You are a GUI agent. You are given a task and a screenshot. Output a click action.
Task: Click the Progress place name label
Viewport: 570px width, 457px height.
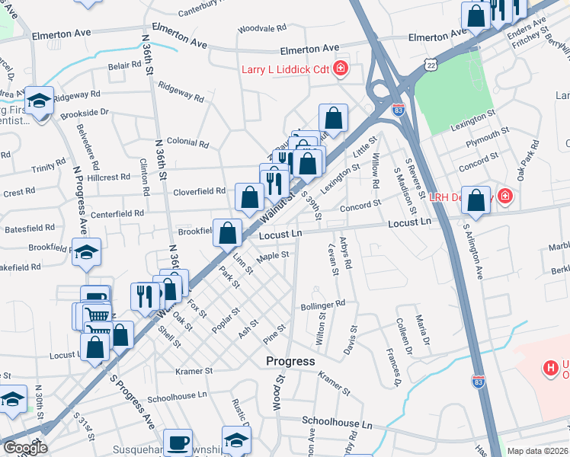tap(290, 360)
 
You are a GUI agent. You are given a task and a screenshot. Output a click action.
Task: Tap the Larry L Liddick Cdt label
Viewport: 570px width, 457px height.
tap(285, 69)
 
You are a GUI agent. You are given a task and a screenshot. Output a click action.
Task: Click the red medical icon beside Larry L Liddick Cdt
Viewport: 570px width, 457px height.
tap(340, 69)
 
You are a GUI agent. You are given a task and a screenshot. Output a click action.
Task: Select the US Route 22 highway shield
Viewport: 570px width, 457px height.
tap(432, 67)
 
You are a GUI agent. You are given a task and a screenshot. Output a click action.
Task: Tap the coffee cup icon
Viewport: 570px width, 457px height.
tap(179, 442)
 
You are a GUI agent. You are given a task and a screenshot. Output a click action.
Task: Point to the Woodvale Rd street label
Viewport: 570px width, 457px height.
tap(261, 28)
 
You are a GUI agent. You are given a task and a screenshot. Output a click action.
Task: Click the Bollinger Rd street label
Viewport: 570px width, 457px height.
tap(323, 304)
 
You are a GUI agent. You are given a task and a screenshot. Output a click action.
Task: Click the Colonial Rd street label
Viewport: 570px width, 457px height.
tap(187, 142)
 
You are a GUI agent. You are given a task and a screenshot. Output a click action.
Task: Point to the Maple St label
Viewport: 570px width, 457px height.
tap(273, 257)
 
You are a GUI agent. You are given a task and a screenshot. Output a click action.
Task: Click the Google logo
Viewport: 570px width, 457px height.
tap(24, 448)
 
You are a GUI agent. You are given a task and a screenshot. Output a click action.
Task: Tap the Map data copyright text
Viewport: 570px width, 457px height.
tap(537, 451)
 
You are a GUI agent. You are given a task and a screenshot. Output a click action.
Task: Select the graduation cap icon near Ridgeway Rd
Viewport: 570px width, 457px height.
tap(39, 100)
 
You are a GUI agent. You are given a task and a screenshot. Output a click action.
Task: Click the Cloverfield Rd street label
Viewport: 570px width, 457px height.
tap(199, 191)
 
